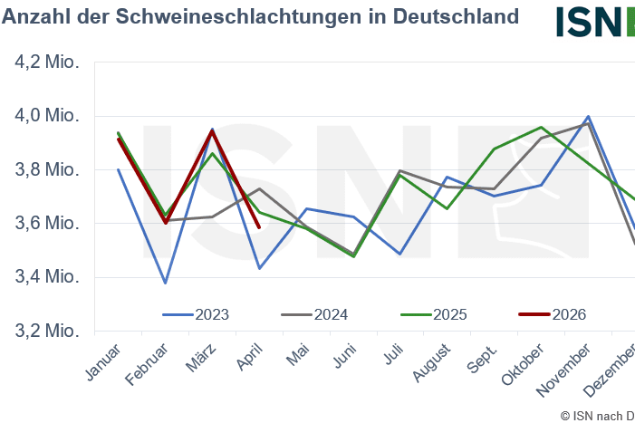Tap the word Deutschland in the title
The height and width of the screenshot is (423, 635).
(456, 16)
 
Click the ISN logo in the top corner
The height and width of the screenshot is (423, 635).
(595, 22)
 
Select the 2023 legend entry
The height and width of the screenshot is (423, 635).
(196, 314)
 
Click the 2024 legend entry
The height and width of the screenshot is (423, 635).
(314, 314)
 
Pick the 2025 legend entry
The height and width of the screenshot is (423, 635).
(433, 314)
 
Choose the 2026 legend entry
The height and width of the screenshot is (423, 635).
(553, 314)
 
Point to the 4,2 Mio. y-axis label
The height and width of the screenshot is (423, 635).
(47, 62)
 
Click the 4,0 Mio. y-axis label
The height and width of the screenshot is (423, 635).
(47, 116)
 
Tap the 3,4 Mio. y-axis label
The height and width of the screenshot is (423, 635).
(47, 277)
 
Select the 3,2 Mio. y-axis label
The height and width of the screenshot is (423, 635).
(47, 331)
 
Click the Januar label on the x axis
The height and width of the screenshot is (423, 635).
(103, 362)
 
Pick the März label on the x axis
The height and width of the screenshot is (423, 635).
(200, 358)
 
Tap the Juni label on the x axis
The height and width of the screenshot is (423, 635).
(345, 356)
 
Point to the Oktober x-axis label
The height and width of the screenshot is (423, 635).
(523, 364)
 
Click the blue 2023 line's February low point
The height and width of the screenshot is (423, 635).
(165, 283)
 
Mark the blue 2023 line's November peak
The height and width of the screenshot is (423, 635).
(588, 117)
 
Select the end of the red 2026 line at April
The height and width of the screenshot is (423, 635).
(259, 227)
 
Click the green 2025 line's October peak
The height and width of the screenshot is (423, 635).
(541, 127)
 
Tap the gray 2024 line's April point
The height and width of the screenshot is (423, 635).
(259, 188)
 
